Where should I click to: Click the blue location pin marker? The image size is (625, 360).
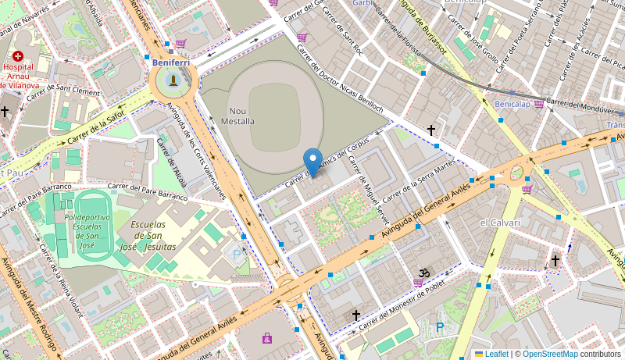coord(312,162)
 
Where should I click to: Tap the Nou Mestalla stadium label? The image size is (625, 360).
coord(241,116)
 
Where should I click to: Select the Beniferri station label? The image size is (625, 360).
coord(171,62)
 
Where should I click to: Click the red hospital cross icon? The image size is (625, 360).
coord(17,56)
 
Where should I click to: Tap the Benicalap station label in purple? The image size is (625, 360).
coord(512,104)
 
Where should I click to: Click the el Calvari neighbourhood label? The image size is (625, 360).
coord(500,223)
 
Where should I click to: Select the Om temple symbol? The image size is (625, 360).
coord(423,273)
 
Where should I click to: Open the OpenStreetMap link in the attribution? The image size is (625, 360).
coord(550,354)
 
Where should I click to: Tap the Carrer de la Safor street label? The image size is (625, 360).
coord(96,128)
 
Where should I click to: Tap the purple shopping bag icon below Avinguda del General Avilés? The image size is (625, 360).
coord(267,338)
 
